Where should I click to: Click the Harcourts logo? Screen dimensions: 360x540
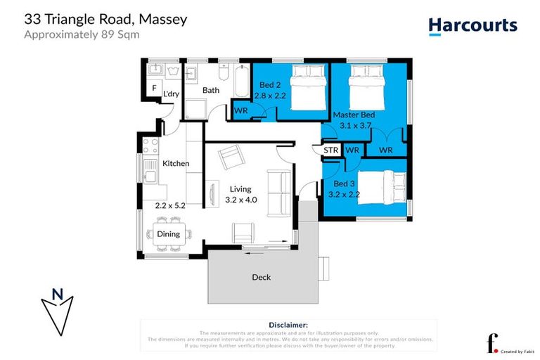tap(472, 26)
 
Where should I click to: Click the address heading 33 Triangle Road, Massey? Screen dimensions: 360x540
tap(105, 19)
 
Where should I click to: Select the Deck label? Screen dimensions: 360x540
tap(261, 277)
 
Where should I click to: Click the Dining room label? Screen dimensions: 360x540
tap(169, 234)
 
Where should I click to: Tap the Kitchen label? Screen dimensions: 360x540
tap(176, 163)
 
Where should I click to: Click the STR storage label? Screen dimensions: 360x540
tap(331, 150)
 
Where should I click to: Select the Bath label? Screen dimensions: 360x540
tap(211, 90)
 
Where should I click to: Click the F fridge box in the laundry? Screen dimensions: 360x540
tap(154, 88)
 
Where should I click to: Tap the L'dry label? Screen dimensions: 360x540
tap(171, 94)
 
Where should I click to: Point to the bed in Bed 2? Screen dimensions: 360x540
tap(307, 86)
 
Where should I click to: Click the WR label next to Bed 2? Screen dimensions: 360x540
tap(240, 110)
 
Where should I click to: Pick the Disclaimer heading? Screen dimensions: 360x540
tap(289, 325)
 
